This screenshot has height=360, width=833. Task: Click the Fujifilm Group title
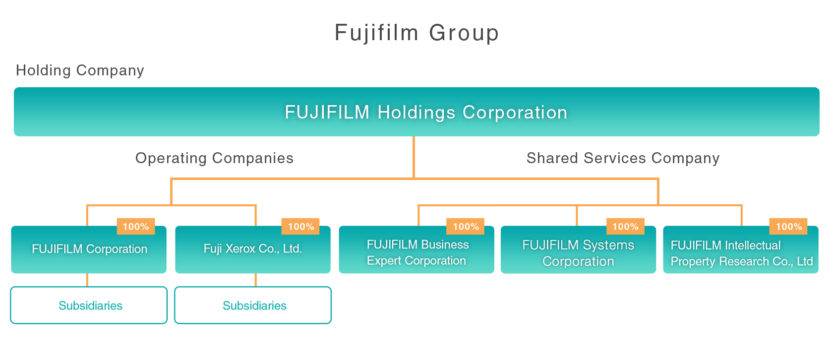[416, 33]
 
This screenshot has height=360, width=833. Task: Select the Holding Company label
[80, 70]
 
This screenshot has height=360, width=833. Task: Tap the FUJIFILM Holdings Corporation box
[416, 112]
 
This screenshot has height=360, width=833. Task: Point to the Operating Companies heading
[214, 158]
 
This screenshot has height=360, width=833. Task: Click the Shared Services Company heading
[623, 158]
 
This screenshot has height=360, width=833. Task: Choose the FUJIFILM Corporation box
[89, 249]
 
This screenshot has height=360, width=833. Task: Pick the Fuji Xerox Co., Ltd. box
[253, 249]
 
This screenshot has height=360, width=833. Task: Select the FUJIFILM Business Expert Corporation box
[416, 253]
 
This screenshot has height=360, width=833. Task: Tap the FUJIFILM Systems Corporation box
[578, 253]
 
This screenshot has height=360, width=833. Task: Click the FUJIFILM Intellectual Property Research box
[741, 253]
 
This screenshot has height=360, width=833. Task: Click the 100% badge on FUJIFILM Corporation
[136, 227]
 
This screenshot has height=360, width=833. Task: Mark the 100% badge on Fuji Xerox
[300, 227]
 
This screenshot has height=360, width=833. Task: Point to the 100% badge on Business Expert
[466, 227]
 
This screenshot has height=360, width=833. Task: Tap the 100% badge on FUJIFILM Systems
[625, 227]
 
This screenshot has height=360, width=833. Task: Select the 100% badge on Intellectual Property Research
[788, 227]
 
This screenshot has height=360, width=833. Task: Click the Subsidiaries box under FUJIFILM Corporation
[89, 305]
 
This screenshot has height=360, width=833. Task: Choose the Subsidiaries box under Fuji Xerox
[253, 305]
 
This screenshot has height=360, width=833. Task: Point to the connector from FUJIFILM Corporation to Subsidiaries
[87, 280]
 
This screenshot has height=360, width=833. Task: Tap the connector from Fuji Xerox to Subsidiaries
[256, 280]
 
